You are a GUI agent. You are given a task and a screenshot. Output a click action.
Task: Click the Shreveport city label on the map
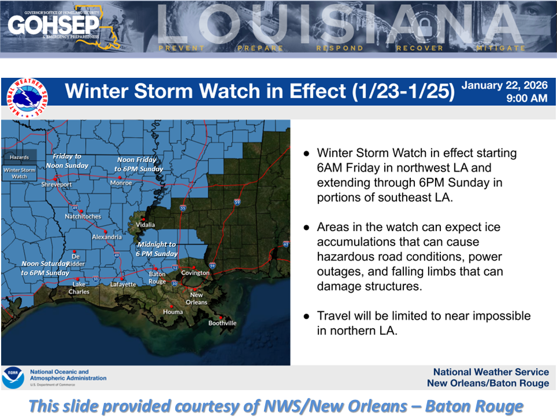[x=56, y=184]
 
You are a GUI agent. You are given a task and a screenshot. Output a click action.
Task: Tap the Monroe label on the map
[x=121, y=182]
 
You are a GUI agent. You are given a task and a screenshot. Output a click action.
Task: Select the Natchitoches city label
[x=83, y=217]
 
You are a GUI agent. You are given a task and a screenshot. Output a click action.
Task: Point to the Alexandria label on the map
[x=107, y=237]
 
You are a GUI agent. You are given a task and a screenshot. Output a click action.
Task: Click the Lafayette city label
[x=123, y=284]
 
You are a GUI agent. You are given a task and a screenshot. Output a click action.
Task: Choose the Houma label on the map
[x=173, y=312]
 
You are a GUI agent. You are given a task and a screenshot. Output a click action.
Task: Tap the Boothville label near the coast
[x=222, y=323]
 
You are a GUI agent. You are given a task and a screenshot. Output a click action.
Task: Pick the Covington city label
[x=195, y=273]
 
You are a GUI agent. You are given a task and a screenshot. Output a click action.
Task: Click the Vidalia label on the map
[x=145, y=224]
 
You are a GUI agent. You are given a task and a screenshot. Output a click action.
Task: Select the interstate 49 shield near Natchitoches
[x=74, y=207]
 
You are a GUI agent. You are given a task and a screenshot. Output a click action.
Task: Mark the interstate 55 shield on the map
[x=183, y=208]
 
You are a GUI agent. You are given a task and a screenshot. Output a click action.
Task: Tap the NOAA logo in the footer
[x=13, y=377]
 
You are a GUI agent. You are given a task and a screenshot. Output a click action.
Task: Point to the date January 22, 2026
[x=504, y=86]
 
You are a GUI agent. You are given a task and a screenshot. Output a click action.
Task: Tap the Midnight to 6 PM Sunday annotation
[x=157, y=249]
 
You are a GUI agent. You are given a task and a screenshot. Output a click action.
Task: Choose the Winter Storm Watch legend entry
[x=19, y=172]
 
